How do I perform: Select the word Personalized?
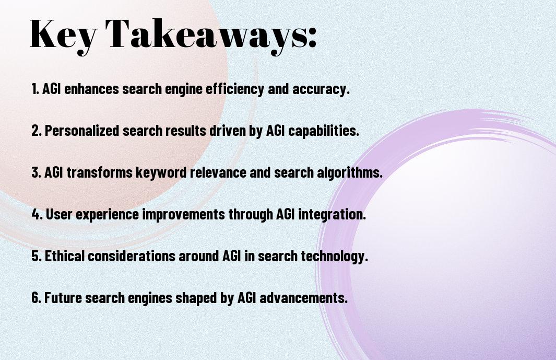(x=82, y=131)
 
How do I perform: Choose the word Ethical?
(x=65, y=256)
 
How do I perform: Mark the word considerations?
(x=131, y=256)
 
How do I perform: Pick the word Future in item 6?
(x=63, y=297)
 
